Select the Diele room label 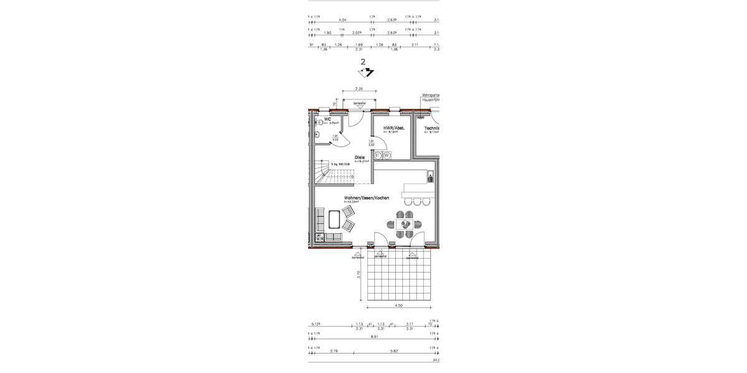(360, 157)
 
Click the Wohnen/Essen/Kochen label (367, 198)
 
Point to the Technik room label (433, 127)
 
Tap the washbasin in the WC (316, 134)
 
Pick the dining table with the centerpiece (406, 224)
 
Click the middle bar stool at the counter (416, 201)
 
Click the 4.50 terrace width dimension (399, 305)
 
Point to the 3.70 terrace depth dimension (359, 274)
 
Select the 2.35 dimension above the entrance (360, 89)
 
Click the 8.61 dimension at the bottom (374, 336)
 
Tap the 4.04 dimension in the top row (341, 20)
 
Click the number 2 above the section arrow (363, 62)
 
